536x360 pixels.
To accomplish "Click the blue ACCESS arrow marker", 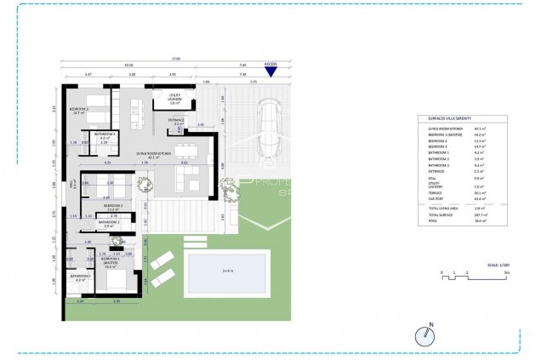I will (271, 71).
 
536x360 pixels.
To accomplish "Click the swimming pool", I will (227, 271).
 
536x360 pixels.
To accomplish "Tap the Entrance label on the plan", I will (176, 123).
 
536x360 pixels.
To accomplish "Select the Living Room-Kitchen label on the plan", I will (153, 155).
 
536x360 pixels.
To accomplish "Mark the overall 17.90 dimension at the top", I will (174, 59).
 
